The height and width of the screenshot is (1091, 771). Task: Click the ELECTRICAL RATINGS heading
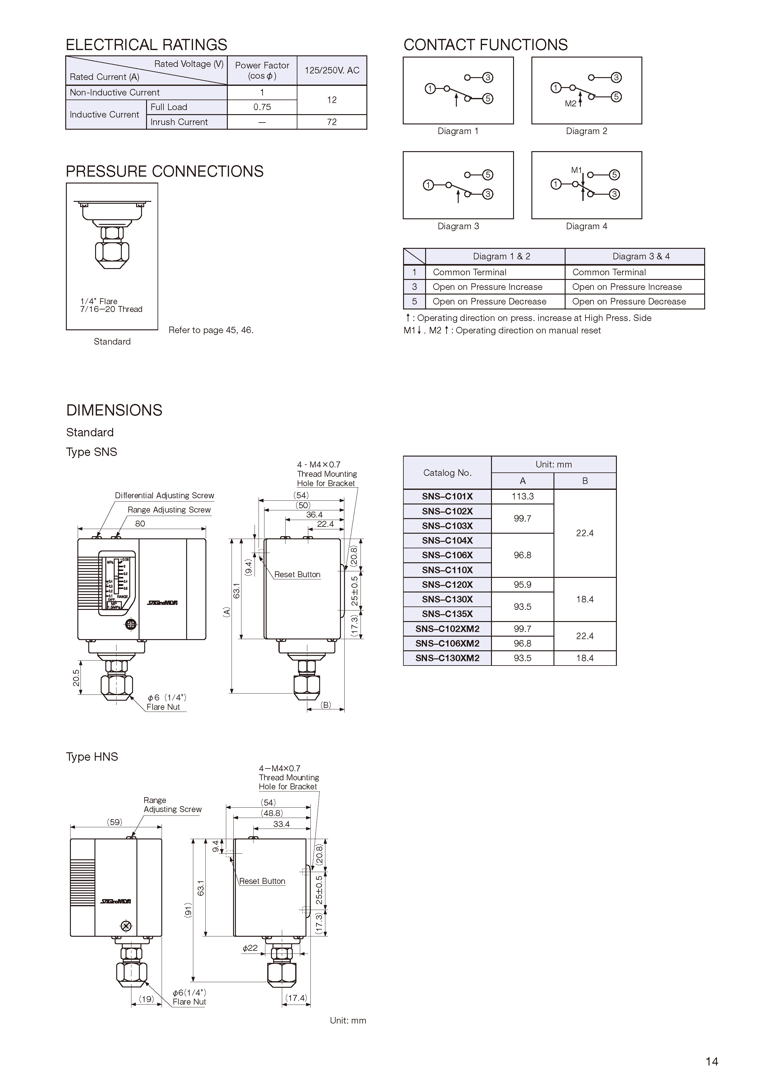(146, 45)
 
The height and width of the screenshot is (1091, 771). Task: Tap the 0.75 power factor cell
(262, 107)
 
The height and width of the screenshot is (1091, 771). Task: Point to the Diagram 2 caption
(586, 131)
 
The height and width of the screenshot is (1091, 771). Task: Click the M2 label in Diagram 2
(571, 104)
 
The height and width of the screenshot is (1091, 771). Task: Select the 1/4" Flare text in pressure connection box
(99, 301)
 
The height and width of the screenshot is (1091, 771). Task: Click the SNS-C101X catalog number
(447, 497)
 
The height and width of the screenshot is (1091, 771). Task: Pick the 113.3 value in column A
(522, 497)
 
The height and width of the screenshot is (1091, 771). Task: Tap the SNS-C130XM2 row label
(447, 658)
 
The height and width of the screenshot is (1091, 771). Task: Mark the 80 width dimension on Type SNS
(140, 524)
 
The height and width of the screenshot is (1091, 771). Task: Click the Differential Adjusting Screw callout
(164, 496)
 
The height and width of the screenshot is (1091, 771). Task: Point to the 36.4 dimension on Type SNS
(314, 515)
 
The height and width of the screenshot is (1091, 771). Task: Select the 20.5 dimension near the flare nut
(76, 678)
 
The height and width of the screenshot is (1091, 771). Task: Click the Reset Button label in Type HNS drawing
(262, 881)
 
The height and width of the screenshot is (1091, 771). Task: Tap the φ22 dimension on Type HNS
(250, 948)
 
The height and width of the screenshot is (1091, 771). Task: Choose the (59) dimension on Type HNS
(114, 822)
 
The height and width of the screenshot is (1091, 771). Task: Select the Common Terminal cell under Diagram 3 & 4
(609, 272)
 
